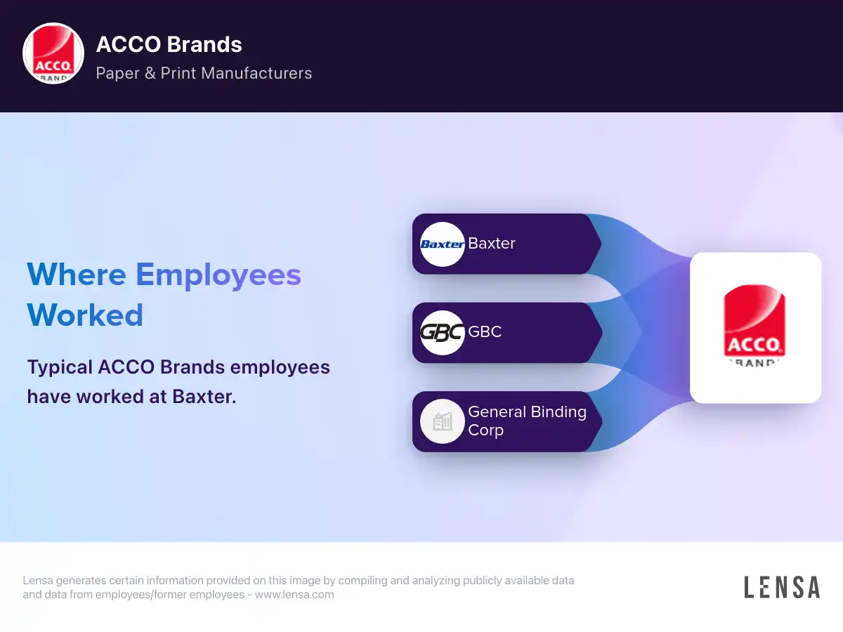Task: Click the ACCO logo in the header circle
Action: tap(53, 53)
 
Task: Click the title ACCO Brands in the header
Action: tap(169, 44)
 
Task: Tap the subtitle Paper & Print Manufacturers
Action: tap(204, 73)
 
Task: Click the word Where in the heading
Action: tap(77, 275)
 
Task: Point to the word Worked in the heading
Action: tap(85, 315)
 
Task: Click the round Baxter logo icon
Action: tap(443, 244)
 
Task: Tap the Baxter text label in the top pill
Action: tap(492, 243)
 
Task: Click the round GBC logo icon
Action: tap(443, 333)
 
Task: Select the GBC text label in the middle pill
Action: tap(485, 331)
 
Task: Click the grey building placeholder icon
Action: tap(443, 421)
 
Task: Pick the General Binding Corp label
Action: tap(528, 421)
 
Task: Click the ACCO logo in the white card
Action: tap(754, 325)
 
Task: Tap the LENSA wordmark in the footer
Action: tap(782, 587)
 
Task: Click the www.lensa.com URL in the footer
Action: tap(294, 594)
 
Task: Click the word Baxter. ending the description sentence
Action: tap(204, 396)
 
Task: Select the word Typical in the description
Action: tap(60, 367)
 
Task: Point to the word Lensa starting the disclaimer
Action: tap(38, 580)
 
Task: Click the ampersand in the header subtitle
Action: tap(150, 73)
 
